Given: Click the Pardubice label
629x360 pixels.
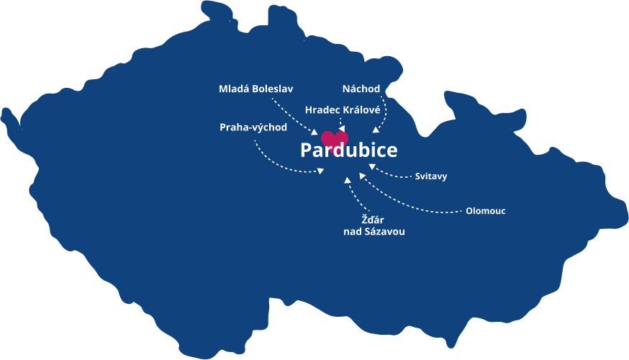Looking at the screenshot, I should point(348,151).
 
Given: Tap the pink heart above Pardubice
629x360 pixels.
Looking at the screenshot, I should point(334,138).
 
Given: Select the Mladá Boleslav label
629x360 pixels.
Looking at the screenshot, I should point(256,89).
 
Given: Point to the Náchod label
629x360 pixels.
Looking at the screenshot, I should point(361,89).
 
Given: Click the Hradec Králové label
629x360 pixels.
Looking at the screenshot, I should point(343,109).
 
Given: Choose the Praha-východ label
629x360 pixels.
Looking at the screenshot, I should point(253,127).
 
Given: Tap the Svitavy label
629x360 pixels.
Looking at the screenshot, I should point(431,176).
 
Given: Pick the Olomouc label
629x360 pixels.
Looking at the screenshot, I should point(485,211).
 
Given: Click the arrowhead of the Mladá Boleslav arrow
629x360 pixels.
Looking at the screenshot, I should point(314,132).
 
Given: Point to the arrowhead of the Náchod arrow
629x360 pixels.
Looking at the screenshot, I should point(376,130).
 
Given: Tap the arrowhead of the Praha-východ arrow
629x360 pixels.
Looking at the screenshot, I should point(320,171).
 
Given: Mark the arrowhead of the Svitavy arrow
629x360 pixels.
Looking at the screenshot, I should point(372,167).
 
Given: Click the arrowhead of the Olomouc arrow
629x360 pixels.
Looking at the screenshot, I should point(363,176).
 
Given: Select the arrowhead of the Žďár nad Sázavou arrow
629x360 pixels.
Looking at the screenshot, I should point(348,180).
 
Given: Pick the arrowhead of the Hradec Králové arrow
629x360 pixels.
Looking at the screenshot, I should point(341,129).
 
